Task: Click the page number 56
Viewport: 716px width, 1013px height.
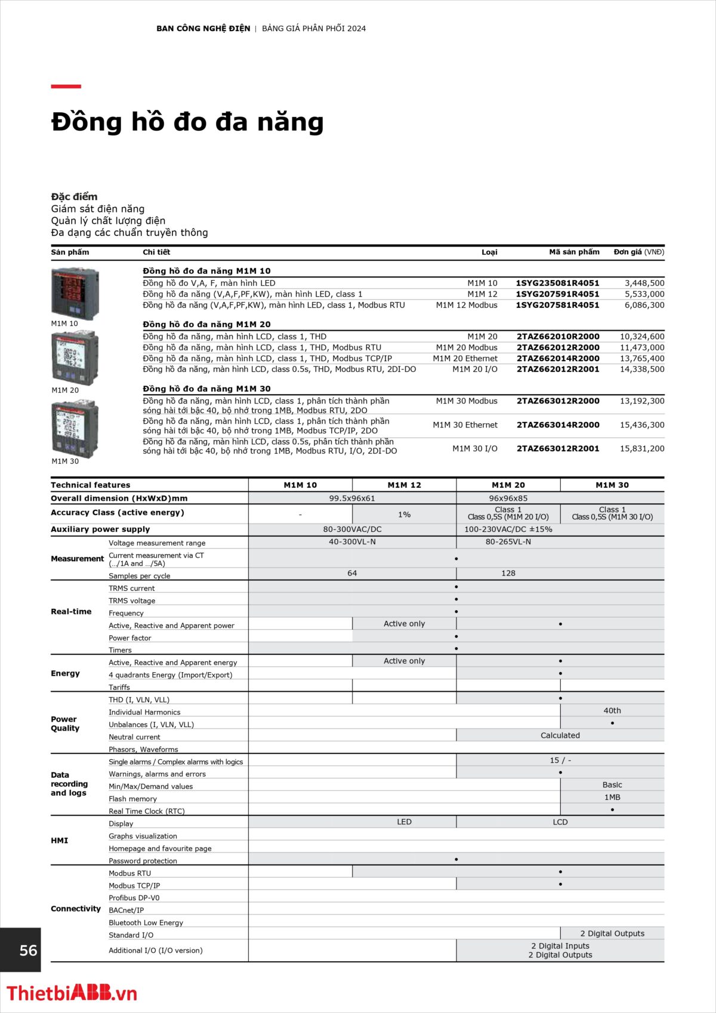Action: point(28,950)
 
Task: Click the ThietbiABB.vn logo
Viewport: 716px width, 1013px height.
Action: point(72,993)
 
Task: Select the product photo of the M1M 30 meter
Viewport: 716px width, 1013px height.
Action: point(75,429)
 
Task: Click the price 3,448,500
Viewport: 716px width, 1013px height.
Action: point(644,283)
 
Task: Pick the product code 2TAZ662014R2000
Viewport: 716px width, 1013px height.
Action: point(558,358)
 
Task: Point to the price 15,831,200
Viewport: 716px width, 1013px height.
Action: point(642,448)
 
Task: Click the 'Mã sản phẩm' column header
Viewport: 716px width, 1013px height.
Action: point(574,252)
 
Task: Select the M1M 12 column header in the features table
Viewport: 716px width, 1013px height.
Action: point(404,485)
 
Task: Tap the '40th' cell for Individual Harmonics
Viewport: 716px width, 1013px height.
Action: point(612,710)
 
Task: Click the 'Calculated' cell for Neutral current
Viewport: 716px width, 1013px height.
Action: point(560,735)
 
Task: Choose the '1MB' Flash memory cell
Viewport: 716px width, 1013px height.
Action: point(612,797)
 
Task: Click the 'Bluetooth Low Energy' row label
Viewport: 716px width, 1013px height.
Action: point(146,922)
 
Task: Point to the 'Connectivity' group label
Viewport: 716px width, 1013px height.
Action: point(76,909)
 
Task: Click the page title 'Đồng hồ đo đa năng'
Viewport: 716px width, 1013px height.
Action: point(187,122)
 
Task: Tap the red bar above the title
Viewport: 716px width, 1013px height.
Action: point(66,87)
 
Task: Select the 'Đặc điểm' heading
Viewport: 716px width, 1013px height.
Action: point(74,196)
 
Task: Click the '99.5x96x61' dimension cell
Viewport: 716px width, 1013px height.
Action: point(352,498)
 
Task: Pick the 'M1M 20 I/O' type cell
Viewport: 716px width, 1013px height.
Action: point(474,369)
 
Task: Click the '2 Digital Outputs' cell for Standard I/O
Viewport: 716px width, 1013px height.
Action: point(612,933)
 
